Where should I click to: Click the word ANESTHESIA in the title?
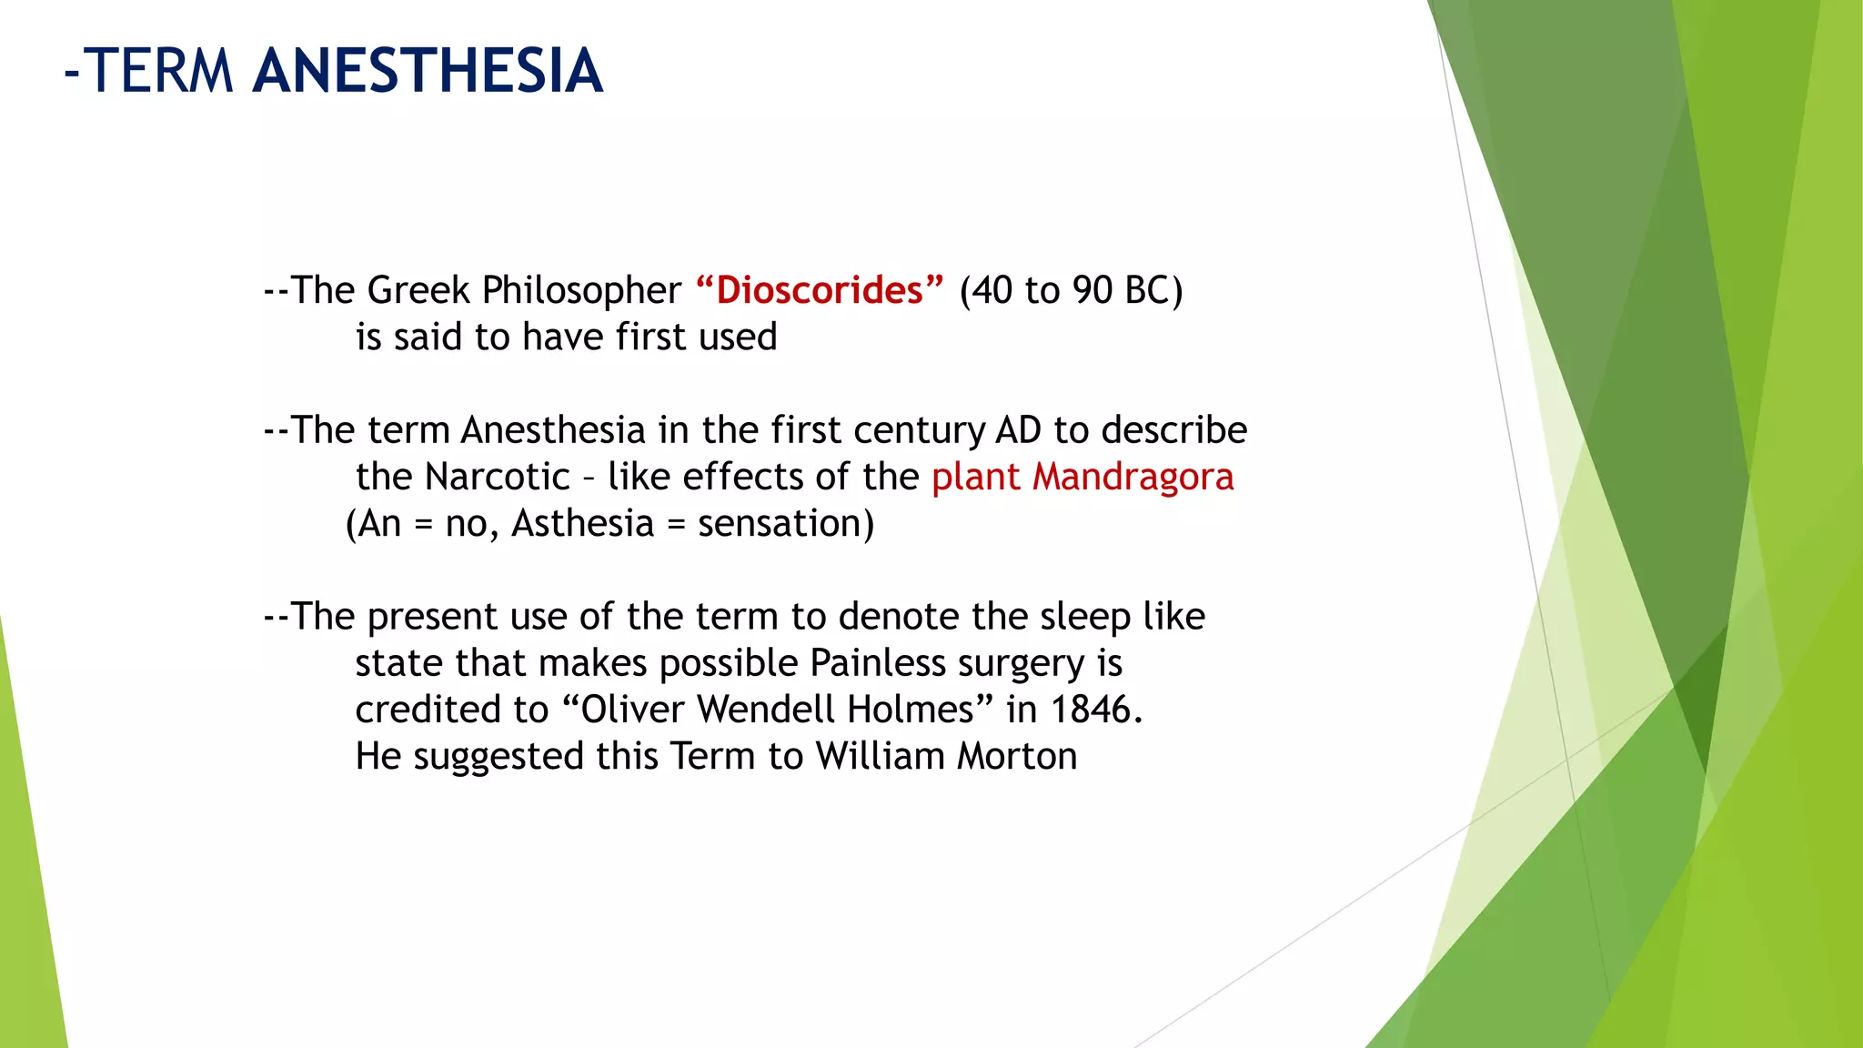(x=428, y=71)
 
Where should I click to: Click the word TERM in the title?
(x=162, y=71)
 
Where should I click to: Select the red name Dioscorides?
(x=819, y=290)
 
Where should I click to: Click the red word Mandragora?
(x=1133, y=478)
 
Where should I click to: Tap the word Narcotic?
(x=497, y=478)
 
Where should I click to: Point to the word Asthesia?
(x=582, y=524)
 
